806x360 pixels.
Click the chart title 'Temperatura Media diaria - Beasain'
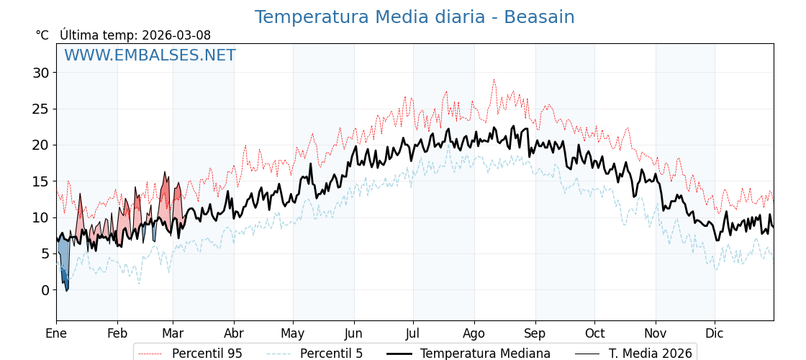tap(415, 17)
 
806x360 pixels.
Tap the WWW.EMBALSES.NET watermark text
tap(150, 55)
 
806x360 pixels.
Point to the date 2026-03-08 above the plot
tap(176, 35)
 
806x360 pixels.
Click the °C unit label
tap(42, 35)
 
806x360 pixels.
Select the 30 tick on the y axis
tap(40, 73)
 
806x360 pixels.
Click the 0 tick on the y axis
tap(45, 290)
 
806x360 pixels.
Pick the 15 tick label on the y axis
tap(40, 181)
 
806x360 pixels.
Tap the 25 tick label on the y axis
tap(40, 109)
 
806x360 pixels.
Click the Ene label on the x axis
tap(56, 333)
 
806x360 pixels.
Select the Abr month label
tap(234, 333)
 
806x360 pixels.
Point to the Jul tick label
tap(413, 333)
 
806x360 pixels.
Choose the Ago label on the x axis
tap(474, 333)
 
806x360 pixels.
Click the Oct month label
tap(594, 333)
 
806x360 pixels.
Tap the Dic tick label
tap(715, 333)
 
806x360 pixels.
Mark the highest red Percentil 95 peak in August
tap(494, 81)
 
